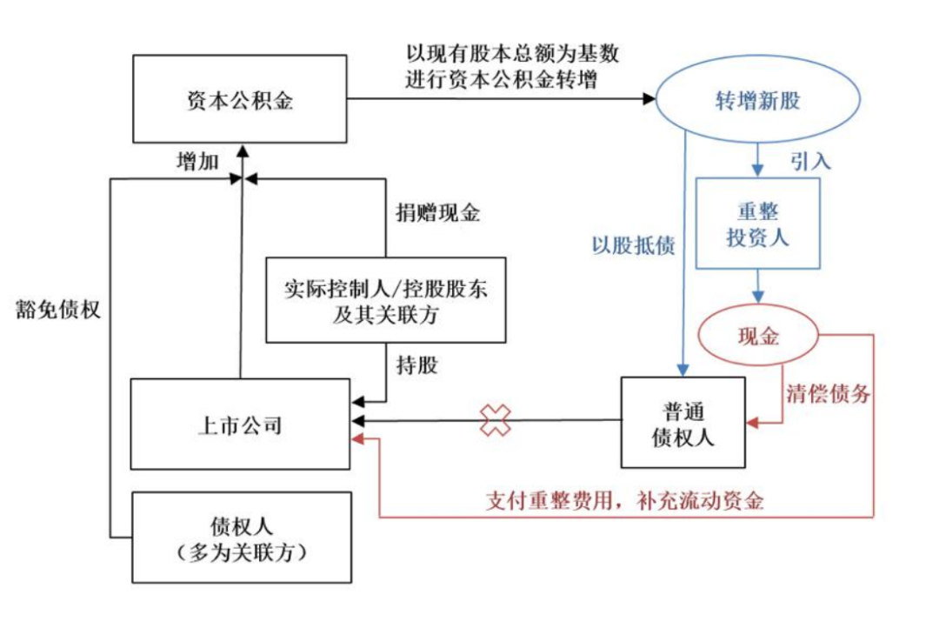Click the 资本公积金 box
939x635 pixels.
241,100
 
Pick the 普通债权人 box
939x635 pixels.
683,424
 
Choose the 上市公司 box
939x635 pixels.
240,424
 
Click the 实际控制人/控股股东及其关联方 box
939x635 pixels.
385,300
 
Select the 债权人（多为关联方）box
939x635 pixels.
241,538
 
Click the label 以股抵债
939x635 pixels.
633,246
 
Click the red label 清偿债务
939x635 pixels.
827,393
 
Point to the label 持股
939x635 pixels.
416,365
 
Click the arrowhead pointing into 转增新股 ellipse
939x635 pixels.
648,100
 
